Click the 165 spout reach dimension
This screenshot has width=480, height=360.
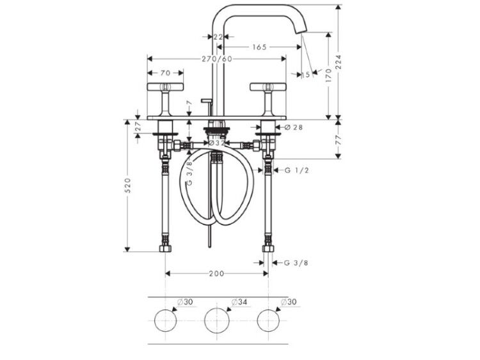[259, 47]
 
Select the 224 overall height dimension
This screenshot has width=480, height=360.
[338, 63]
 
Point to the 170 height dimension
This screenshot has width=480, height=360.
[328, 75]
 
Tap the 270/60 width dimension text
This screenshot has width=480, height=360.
[217, 59]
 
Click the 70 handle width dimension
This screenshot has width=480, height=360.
[165, 73]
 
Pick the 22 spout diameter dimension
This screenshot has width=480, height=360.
[218, 36]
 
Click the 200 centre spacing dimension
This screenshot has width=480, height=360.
[216, 273]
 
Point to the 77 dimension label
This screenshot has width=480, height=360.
[338, 139]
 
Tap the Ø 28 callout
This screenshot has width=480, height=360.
[294, 127]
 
